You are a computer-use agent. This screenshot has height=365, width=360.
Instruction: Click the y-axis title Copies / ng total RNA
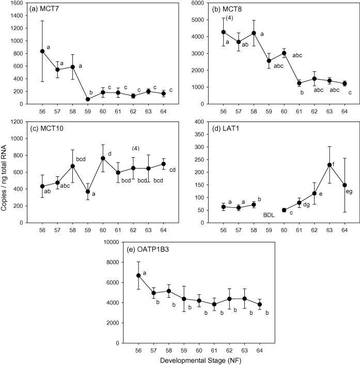coord(7,176)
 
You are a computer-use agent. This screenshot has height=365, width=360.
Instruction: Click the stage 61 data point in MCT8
coord(284,83)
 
